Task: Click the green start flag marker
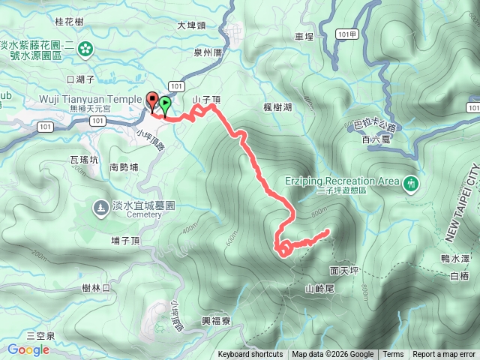tap(164, 104)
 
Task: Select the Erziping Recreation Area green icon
tap(411, 182)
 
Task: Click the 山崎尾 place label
tap(319, 288)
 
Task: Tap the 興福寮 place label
tap(216, 320)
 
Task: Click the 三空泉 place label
tap(40, 335)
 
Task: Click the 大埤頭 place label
tap(191, 25)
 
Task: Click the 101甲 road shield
tap(344, 34)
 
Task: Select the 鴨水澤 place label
tap(455, 258)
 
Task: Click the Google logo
tap(28, 349)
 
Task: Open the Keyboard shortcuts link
tap(250, 355)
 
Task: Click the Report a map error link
tap(444, 355)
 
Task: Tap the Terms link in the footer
tap(393, 355)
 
